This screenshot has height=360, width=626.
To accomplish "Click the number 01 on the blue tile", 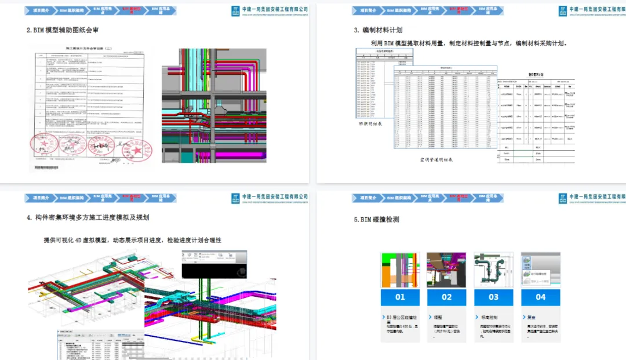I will coord(400,297).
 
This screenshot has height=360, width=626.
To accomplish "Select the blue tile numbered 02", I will coord(447,297).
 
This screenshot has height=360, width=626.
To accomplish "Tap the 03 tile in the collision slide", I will coord(494,297).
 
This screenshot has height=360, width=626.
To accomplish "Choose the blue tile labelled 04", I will coord(541,297).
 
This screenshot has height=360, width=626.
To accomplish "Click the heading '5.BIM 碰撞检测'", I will coord(376,220).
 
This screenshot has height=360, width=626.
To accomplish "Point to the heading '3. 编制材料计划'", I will coord(378,30).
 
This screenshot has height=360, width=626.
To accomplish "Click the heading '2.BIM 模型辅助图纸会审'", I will coord(66,30).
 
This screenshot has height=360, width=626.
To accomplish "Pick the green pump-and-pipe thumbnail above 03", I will coord(494,270).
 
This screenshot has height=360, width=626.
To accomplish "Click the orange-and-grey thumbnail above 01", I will coord(400,270).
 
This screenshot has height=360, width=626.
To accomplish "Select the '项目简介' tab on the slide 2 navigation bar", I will coord(41,10).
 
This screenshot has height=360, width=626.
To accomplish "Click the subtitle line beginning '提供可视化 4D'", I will coord(132,240).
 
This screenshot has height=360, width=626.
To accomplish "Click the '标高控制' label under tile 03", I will coord(489,318).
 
